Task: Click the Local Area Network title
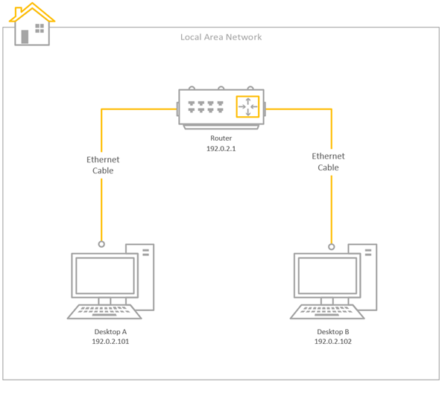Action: tap(221, 37)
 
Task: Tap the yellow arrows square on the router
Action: tap(247, 107)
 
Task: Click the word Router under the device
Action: tap(221, 138)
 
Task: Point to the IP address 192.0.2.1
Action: tap(221, 149)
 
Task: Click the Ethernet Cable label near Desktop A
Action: tap(103, 164)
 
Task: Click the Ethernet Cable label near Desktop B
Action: tap(328, 162)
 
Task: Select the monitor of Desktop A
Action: tap(104, 276)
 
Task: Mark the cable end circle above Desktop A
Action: tap(102, 243)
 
